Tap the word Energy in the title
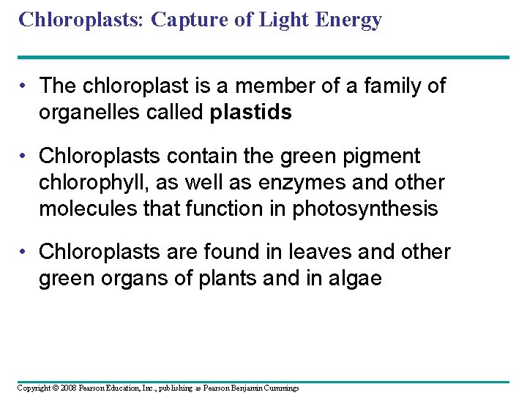349,20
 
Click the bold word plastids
250,113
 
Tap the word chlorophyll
87,183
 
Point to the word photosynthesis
365,209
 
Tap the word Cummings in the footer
280,388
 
